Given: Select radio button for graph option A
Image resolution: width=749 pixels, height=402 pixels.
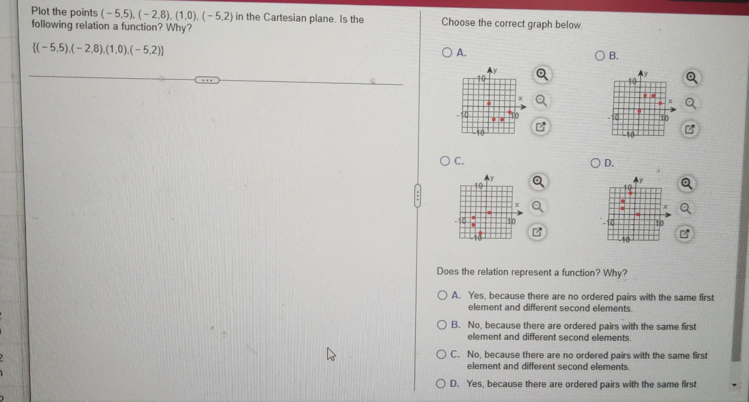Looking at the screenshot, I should click(x=447, y=52).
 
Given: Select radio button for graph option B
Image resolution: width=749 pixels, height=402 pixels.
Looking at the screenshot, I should click(x=600, y=56).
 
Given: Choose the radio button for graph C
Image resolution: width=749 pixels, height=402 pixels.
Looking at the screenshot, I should click(x=445, y=161).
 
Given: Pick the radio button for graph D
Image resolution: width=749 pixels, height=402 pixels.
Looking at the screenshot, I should click(x=595, y=163).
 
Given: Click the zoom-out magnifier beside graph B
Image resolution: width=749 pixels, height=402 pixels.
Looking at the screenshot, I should click(x=690, y=104).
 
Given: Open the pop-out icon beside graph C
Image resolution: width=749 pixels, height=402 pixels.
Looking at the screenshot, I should click(x=537, y=232).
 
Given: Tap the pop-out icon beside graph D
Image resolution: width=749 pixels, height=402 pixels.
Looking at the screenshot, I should click(x=684, y=234).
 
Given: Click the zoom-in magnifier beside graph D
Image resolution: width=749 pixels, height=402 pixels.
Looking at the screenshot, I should click(x=687, y=183).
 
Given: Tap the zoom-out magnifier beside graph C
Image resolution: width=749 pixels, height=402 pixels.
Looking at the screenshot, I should click(x=538, y=206).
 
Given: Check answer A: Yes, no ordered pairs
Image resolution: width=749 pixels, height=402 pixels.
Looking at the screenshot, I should click(x=442, y=295).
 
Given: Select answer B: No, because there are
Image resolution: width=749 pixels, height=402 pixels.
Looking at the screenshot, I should click(x=442, y=325).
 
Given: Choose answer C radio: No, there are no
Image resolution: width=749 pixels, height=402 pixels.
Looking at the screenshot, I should click(x=441, y=354).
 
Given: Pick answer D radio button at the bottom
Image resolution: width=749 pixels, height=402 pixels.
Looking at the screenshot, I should click(x=441, y=384).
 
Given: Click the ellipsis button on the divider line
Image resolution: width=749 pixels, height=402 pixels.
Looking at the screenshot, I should click(x=207, y=80).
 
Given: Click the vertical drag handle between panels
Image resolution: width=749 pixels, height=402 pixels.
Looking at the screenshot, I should click(x=417, y=196).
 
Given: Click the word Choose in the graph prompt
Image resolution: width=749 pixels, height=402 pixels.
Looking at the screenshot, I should click(x=453, y=22).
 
